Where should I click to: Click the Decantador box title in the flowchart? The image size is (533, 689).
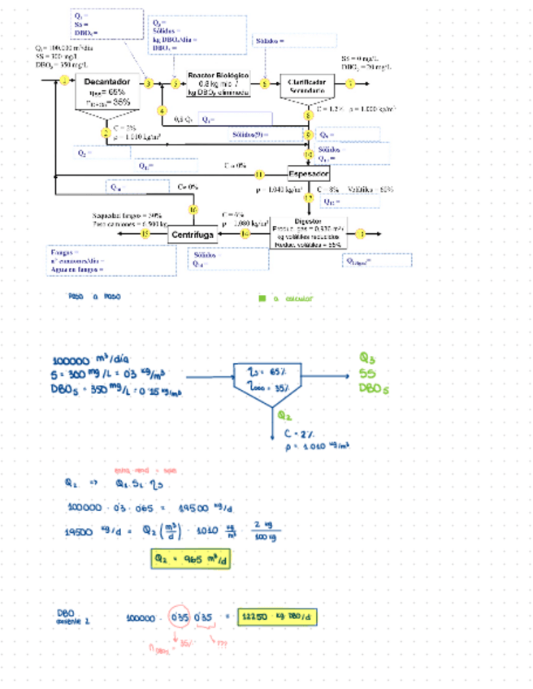[106, 82]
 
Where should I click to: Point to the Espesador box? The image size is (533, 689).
[309, 174]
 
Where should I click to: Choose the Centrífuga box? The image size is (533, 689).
[193, 235]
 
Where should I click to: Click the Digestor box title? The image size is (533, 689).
[308, 221]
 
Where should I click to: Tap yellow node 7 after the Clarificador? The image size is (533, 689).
[350, 83]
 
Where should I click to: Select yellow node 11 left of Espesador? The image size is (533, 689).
[260, 174]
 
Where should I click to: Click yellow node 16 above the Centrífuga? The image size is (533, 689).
[193, 210]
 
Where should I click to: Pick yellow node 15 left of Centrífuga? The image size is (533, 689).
[145, 234]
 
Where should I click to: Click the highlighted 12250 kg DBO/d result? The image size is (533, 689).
[278, 617]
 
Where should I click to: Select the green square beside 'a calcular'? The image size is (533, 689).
[262, 298]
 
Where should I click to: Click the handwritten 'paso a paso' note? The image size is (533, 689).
[97, 297]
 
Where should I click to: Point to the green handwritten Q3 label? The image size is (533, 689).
[368, 358]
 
